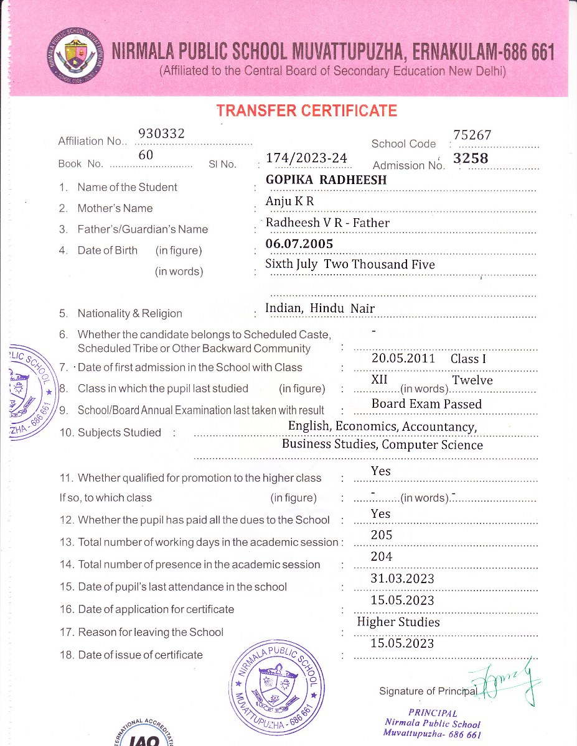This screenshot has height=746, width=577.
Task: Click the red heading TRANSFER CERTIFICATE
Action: click(306, 111)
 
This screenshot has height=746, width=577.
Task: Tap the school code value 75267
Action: click(472, 135)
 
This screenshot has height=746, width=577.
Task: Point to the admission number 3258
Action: click(471, 159)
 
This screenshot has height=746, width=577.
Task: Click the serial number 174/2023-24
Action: click(306, 159)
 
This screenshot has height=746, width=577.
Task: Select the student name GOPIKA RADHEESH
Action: click(326, 180)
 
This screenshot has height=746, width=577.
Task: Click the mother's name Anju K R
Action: click(290, 201)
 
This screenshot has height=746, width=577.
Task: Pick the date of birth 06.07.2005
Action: click(299, 244)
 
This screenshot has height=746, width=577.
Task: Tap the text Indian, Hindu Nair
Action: click(320, 308)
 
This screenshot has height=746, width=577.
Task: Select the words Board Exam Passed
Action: click(426, 404)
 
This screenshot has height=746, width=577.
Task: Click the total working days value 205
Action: click(381, 535)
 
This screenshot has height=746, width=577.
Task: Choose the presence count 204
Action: click(381, 557)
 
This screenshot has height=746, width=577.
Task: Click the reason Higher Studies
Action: click(398, 622)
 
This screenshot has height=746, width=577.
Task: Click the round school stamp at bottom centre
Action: click(277, 687)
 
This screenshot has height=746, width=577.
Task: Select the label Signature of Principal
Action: click(428, 691)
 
